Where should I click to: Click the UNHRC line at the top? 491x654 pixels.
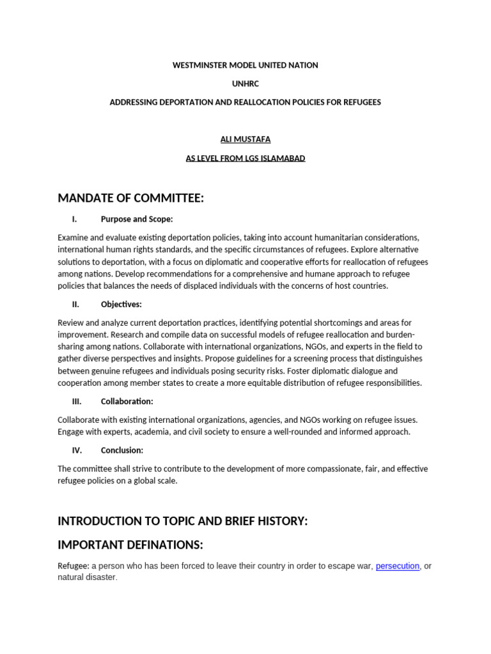coord(245,84)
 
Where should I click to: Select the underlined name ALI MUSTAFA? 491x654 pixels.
coord(245,139)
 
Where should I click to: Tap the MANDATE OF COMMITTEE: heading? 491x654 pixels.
coord(131,199)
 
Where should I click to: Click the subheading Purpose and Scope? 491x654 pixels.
coord(137,219)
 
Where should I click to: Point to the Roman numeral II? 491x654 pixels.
coord(75,304)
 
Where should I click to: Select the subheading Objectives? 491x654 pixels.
coord(121,304)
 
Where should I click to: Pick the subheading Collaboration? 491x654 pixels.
coord(127,402)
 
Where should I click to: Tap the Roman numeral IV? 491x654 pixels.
coord(77,450)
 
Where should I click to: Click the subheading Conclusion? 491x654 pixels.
coord(122,450)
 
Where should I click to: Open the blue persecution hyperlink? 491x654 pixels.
coord(398,566)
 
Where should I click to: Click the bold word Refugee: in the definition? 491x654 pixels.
coord(74,566)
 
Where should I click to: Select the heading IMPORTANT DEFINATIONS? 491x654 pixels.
coord(130,545)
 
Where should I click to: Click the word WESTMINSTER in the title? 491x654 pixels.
coord(198,65)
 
